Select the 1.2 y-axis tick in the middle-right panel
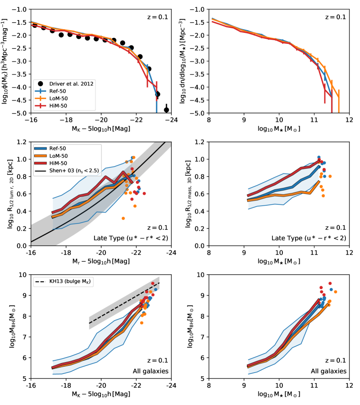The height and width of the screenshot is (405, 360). [x=200, y=142]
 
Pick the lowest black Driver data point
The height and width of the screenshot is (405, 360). [x=167, y=110]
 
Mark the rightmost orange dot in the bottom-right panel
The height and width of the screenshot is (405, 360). [x=335, y=292]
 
